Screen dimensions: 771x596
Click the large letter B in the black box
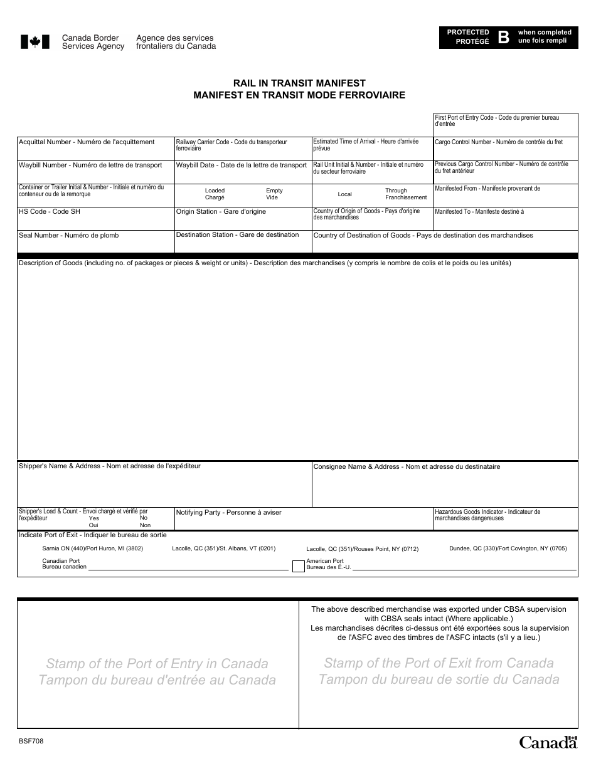click(503, 36)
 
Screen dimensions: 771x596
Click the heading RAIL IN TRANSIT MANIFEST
click(299, 83)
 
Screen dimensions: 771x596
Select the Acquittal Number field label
click(87, 142)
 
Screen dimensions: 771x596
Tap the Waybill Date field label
click(241, 165)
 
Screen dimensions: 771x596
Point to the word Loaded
click(215, 191)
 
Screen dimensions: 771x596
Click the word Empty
click(274, 191)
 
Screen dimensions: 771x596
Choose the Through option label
click(396, 191)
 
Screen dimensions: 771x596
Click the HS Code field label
click(50, 212)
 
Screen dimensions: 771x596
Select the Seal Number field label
click(68, 236)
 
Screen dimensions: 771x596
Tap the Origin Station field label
click(221, 212)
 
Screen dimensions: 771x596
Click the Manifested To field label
click(479, 212)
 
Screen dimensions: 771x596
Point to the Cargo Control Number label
click(499, 142)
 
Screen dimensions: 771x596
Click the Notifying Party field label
click(228, 513)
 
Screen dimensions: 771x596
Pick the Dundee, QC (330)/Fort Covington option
click(508, 548)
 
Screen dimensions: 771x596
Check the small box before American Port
click(298, 566)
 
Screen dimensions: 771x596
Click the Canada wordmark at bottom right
click(547, 742)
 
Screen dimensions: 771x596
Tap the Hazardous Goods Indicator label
click(487, 515)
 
